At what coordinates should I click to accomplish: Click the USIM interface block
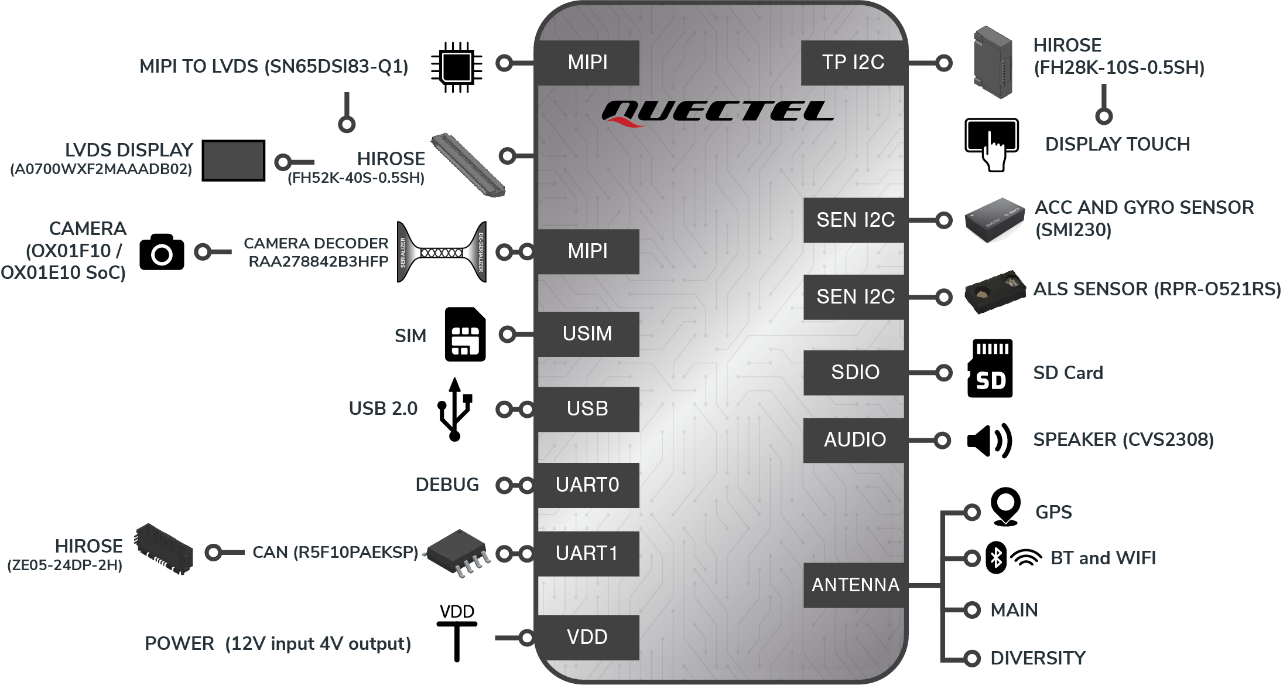588,334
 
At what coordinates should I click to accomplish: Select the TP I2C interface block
853,63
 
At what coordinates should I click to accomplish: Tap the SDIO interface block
854,373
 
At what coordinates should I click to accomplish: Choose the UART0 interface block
588,485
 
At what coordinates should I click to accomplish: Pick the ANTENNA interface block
854,585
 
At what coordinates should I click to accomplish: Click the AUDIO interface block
854,440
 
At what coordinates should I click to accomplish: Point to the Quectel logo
717,113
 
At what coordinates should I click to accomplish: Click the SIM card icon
466,334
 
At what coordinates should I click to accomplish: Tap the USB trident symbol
455,409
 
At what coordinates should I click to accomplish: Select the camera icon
162,252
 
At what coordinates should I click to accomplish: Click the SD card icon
990,369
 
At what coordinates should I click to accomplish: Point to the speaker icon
989,441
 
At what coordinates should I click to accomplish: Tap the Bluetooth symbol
996,558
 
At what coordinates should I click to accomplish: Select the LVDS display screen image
234,161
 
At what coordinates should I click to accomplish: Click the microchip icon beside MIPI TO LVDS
457,67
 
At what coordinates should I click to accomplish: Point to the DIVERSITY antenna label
1038,658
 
